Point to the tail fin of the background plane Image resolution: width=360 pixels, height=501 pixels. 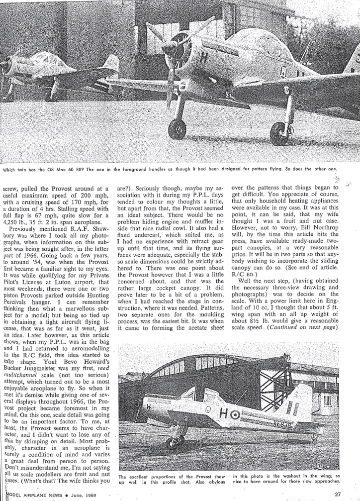tap(111, 64)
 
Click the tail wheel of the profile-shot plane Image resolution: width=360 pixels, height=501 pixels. tap(314, 438)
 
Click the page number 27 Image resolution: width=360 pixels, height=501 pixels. tap(338, 494)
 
